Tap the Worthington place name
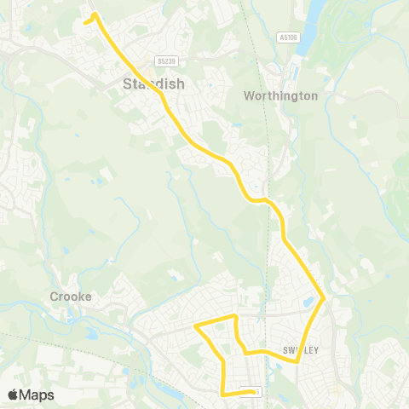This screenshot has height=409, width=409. [x=280, y=95]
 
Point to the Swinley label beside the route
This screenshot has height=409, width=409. [x=299, y=350]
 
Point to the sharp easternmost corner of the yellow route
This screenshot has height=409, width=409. [x=325, y=299]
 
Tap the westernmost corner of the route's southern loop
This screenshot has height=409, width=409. [x=196, y=326]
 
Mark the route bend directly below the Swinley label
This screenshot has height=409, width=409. [x=297, y=361]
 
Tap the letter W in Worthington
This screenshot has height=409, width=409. [x=250, y=95]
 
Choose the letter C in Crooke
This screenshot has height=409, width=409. [x=51, y=297]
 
